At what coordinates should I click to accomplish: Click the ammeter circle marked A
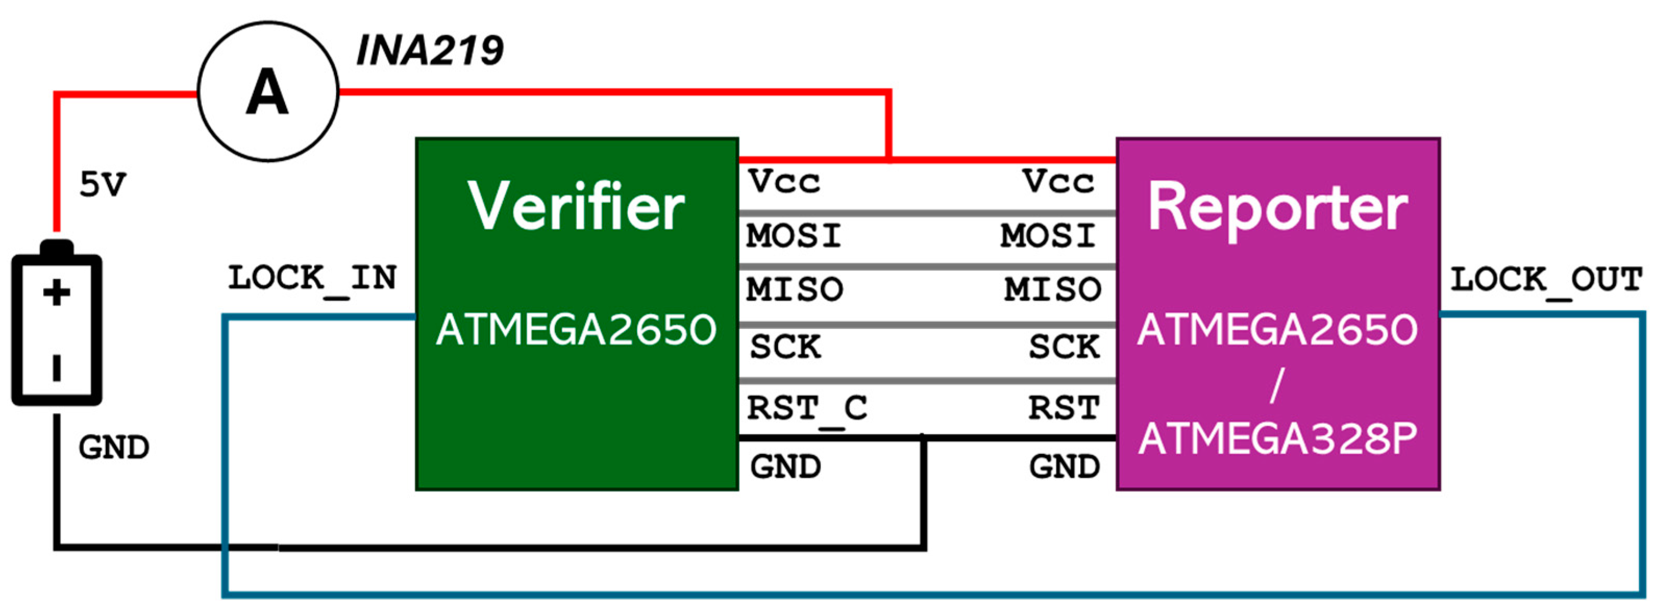point(267,92)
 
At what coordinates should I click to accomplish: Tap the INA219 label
point(430,51)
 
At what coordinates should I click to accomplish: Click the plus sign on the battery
point(57,293)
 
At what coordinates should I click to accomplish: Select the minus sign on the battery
point(57,367)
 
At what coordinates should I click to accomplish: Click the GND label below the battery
point(114,447)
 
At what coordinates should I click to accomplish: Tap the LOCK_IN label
point(312,279)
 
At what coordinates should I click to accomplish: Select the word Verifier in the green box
point(575,206)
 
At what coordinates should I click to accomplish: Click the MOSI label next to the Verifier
point(794,236)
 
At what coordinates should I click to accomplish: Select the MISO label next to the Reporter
point(1053,290)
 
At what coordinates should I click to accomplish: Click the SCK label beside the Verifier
point(785,347)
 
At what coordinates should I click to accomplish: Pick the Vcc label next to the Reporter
point(1058,182)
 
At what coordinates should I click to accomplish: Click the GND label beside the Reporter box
point(1064,467)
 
